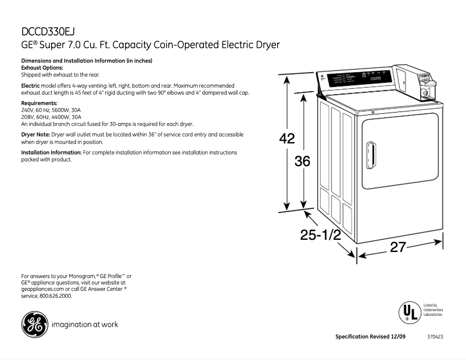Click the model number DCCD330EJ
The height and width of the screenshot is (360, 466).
pyautogui.click(x=48, y=31)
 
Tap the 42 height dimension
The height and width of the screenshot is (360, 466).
pyautogui.click(x=286, y=139)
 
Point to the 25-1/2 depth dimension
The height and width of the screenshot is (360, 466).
pyautogui.click(x=320, y=235)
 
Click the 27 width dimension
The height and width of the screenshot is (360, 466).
pyautogui.click(x=397, y=247)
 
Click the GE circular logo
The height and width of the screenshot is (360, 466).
pyautogui.click(x=34, y=325)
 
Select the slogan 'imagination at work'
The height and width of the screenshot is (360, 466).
pyautogui.click(x=85, y=325)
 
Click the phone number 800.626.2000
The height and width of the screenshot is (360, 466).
pyautogui.click(x=56, y=296)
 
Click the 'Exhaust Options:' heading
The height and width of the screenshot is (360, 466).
pyautogui.click(x=42, y=68)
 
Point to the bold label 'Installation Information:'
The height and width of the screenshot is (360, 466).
pyautogui.click(x=51, y=153)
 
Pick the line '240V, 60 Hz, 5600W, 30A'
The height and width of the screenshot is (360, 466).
pyautogui.click(x=51, y=110)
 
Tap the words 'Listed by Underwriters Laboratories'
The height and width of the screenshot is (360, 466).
pyautogui.click(x=433, y=309)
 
